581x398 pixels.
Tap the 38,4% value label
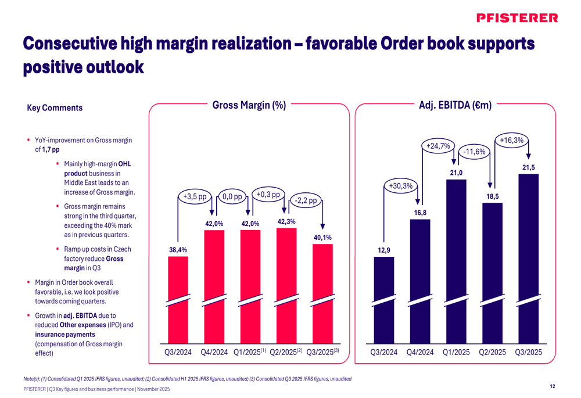tap(178, 250)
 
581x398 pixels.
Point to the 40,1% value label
tap(322, 237)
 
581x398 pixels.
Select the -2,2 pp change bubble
tap(305, 200)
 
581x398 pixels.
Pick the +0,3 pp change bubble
tap(268, 194)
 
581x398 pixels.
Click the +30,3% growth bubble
tap(399, 186)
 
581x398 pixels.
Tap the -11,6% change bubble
tap(475, 152)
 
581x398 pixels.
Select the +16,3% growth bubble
tap(511, 140)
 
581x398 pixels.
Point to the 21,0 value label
tap(456, 173)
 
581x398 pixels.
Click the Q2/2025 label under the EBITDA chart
tap(492, 352)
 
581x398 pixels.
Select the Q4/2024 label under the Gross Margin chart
tap(214, 352)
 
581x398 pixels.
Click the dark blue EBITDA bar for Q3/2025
tap(529, 261)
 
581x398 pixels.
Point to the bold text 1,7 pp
tap(51, 149)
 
